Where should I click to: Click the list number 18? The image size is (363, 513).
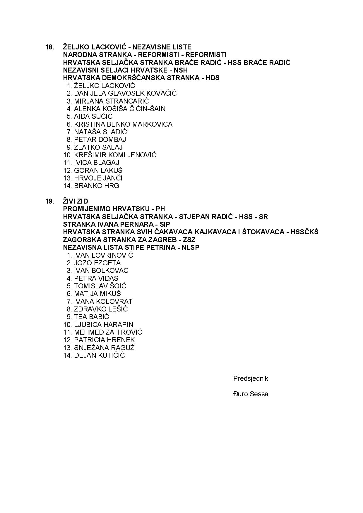coord(49,47)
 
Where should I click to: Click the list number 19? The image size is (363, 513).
coord(49,201)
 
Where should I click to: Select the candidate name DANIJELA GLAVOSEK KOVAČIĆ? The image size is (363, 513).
coord(125,93)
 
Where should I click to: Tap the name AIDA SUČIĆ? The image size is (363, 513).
coord(93,116)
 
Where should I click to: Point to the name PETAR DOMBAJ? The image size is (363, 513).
coord(100,140)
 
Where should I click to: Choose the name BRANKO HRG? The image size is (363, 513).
coord(96,186)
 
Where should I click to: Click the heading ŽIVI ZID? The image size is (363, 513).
coord(75,201)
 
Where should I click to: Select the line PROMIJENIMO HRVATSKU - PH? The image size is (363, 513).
coord(114,209)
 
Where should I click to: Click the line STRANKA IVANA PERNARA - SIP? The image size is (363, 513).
coord(117,224)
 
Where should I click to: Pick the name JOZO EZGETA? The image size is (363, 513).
coord(97,263)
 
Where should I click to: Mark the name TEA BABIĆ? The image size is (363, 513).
coord(91,317)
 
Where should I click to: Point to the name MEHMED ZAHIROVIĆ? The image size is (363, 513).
coord(108,332)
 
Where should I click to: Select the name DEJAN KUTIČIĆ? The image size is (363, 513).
coord(99,355)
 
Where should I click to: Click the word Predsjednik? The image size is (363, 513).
coord(251,378)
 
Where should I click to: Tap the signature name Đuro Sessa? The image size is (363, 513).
coord(251,394)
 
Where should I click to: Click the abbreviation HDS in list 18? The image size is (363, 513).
coord(213,78)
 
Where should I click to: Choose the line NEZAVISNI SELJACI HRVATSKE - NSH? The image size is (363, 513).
coord(125,70)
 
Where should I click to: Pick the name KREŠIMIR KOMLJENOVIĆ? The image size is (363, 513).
coord(115,155)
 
